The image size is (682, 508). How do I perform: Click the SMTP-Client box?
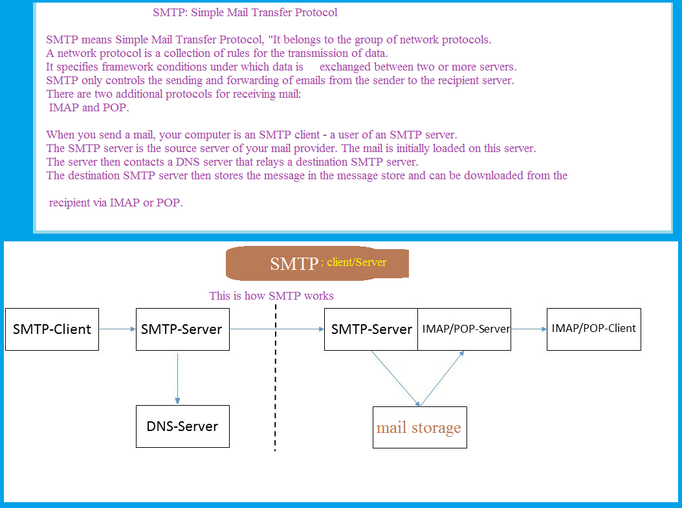(x=52, y=329)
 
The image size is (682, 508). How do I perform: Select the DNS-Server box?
(x=182, y=426)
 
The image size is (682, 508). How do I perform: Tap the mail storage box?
(x=419, y=428)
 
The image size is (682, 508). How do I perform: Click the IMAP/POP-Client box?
(x=593, y=329)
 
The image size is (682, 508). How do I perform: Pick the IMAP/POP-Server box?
(x=465, y=329)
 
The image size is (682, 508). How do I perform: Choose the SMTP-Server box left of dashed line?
(x=182, y=329)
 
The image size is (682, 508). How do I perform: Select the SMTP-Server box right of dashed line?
(x=371, y=329)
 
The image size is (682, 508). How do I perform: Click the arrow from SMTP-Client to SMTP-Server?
(x=117, y=329)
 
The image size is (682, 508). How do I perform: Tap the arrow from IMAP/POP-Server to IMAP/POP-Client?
(x=529, y=329)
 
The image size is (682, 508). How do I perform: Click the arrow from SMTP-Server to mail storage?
(x=395, y=378)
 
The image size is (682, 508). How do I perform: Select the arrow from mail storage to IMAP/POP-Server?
(x=443, y=378)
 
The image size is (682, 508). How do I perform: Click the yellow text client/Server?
(x=355, y=263)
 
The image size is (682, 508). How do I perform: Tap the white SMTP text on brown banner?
(x=294, y=263)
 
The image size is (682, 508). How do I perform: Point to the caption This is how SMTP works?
(x=271, y=296)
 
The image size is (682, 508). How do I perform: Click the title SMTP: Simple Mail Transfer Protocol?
(x=245, y=12)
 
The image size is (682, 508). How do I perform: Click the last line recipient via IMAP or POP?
(x=116, y=203)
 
